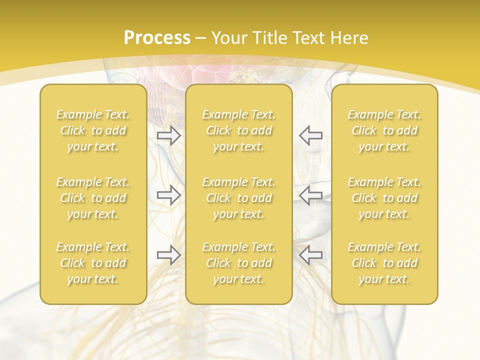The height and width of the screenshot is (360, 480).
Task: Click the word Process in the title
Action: click(x=157, y=38)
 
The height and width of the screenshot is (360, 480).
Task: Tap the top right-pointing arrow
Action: click(x=168, y=135)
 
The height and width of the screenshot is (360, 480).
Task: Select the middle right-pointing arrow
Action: click(x=168, y=194)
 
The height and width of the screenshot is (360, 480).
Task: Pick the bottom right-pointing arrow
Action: click(x=168, y=254)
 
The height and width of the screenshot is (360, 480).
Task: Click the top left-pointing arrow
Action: click(x=310, y=135)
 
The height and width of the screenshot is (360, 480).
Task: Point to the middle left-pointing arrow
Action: click(x=310, y=194)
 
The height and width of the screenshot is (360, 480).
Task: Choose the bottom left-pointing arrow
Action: click(x=310, y=254)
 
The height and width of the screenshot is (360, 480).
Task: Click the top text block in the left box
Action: click(x=93, y=130)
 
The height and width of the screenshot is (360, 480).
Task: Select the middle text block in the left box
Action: click(x=93, y=198)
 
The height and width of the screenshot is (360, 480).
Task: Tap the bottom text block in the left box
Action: click(x=93, y=263)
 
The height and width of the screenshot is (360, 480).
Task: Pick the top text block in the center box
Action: click(x=239, y=130)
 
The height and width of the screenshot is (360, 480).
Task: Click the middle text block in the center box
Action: click(x=239, y=198)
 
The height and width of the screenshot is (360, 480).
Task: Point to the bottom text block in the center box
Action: click(x=239, y=263)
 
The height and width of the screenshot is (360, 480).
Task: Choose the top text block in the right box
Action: click(x=384, y=130)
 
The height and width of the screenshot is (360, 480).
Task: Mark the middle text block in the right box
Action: click(x=384, y=198)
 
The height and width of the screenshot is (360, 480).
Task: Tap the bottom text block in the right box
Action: click(x=384, y=263)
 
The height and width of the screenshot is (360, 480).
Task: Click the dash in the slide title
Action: click(x=201, y=38)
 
